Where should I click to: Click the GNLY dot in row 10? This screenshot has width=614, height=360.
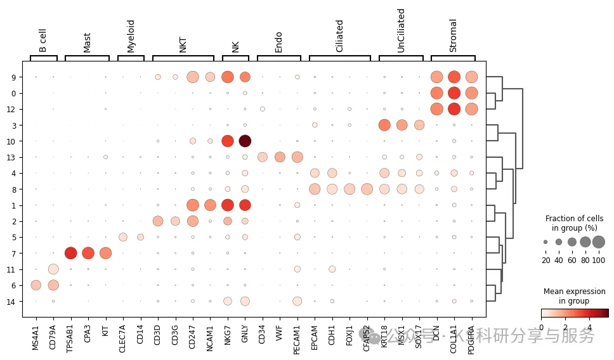tap(245, 141)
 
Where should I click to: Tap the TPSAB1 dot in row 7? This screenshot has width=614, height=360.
tap(70, 253)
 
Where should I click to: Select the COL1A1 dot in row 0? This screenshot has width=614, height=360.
tap(454, 93)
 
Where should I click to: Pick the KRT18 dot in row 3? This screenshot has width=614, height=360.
tap(384, 125)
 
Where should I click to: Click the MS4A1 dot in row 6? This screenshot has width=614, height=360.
tap(36, 285)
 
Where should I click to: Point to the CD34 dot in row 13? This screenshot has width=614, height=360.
tap(262, 157)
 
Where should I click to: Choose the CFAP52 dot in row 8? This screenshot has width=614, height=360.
tap(367, 189)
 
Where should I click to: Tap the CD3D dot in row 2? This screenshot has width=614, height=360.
tap(158, 221)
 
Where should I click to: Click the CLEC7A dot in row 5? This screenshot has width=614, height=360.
tap(123, 237)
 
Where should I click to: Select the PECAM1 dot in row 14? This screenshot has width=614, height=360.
tap(297, 300)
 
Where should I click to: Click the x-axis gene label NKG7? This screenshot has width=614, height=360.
tap(227, 336)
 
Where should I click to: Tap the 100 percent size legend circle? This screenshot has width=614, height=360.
tap(599, 241)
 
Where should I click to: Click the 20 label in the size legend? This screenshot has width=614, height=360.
tap(545, 260)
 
